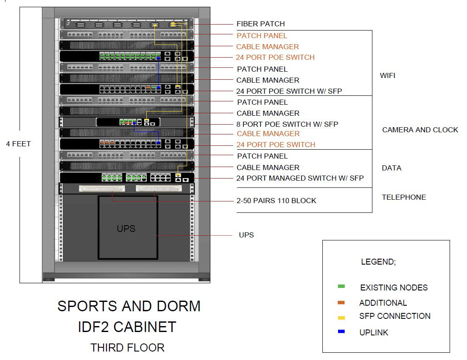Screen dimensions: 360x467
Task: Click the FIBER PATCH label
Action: [260, 24]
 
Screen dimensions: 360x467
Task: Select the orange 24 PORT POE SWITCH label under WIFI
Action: [275, 57]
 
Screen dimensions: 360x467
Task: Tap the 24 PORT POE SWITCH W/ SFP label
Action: [289, 91]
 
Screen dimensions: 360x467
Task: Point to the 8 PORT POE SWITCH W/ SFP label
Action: [287, 124]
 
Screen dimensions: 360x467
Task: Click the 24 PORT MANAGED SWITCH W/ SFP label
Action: [300, 178]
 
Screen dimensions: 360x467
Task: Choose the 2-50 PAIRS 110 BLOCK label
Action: [276, 201]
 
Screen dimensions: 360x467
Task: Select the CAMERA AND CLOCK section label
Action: [420, 130]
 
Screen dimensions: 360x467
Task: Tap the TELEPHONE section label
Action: [404, 197]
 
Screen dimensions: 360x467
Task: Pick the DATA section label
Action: [391, 168]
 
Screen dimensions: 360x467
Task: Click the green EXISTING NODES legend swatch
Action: [341, 287]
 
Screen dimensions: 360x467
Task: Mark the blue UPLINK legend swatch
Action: [341, 332]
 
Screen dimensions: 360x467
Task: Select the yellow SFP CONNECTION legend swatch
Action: [341, 317]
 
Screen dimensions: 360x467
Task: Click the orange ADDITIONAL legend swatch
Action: [341, 303]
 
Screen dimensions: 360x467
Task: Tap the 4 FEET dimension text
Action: [18, 144]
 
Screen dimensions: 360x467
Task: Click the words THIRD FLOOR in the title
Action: [127, 348]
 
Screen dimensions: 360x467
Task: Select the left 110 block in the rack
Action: [102, 188]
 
